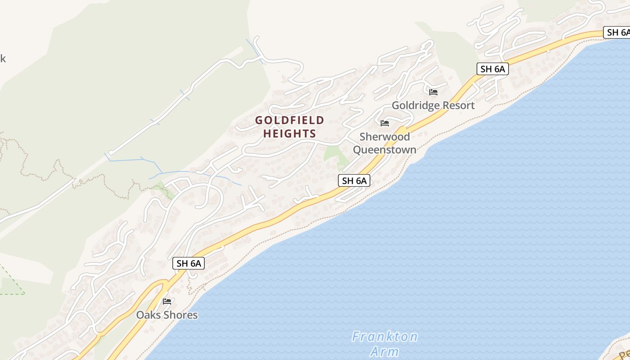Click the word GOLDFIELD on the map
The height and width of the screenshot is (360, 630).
(289, 120)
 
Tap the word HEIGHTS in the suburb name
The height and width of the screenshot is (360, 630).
(289, 134)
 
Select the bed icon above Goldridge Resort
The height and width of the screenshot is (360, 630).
(433, 92)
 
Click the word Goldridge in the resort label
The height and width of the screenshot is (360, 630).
(415, 105)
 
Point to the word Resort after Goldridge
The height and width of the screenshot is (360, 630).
(458, 105)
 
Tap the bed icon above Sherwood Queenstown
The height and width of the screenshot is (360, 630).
(385, 123)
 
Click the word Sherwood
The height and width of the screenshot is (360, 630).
(385, 136)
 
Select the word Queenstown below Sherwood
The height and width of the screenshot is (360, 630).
(385, 149)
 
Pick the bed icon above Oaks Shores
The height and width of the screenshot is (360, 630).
(167, 301)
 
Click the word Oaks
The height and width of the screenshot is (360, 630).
(148, 315)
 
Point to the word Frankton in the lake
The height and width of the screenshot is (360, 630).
(385, 337)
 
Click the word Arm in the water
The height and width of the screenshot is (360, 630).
(385, 351)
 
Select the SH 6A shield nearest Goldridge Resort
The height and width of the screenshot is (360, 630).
(492, 69)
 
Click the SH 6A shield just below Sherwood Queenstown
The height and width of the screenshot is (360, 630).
(354, 181)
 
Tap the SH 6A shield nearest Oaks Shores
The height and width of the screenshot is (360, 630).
(189, 263)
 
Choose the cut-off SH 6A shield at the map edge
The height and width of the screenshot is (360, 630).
(617, 32)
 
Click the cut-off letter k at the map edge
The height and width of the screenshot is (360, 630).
(3, 58)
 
